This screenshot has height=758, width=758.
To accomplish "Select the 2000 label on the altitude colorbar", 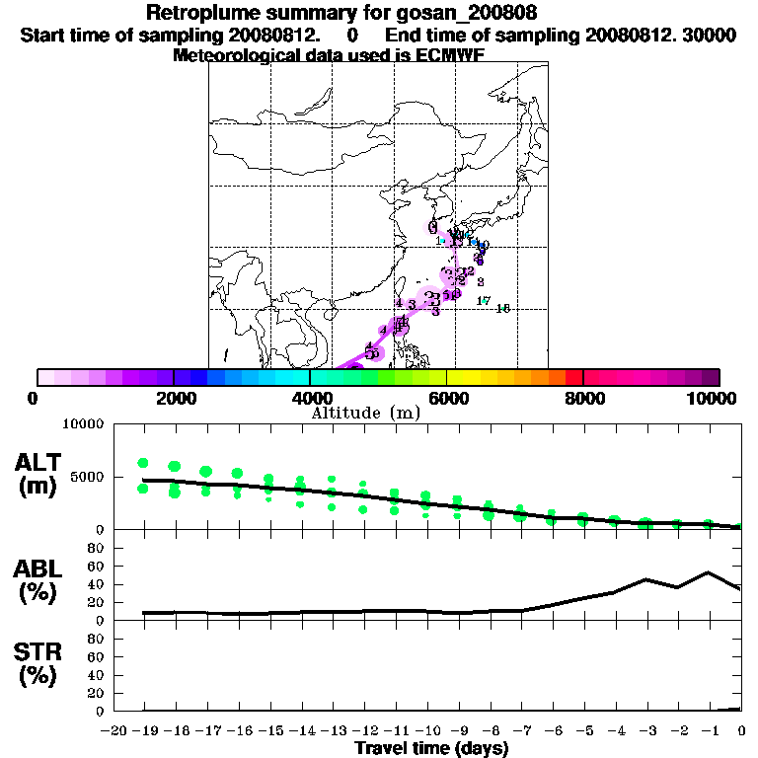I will pos(174,398).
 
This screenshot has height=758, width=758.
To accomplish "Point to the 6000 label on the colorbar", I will pos(447,398).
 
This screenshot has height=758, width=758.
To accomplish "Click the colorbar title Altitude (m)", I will pos(365,413).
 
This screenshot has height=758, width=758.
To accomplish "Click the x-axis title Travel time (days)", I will pos(431,749).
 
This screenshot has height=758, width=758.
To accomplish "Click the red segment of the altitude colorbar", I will pos(573,377).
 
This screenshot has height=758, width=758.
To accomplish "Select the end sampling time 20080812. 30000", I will pos(660,35).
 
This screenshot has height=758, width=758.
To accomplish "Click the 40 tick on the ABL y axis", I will pos(98,583).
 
